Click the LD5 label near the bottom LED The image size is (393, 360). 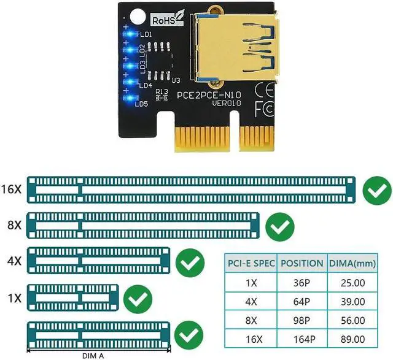point(141,104)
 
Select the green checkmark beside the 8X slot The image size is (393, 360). point(281,227)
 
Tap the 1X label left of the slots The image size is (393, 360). point(15,299)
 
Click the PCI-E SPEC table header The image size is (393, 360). point(251,263)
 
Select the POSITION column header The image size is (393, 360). point(302,263)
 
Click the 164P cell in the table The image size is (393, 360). point(302,340)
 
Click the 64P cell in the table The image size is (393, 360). point(302,302)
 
